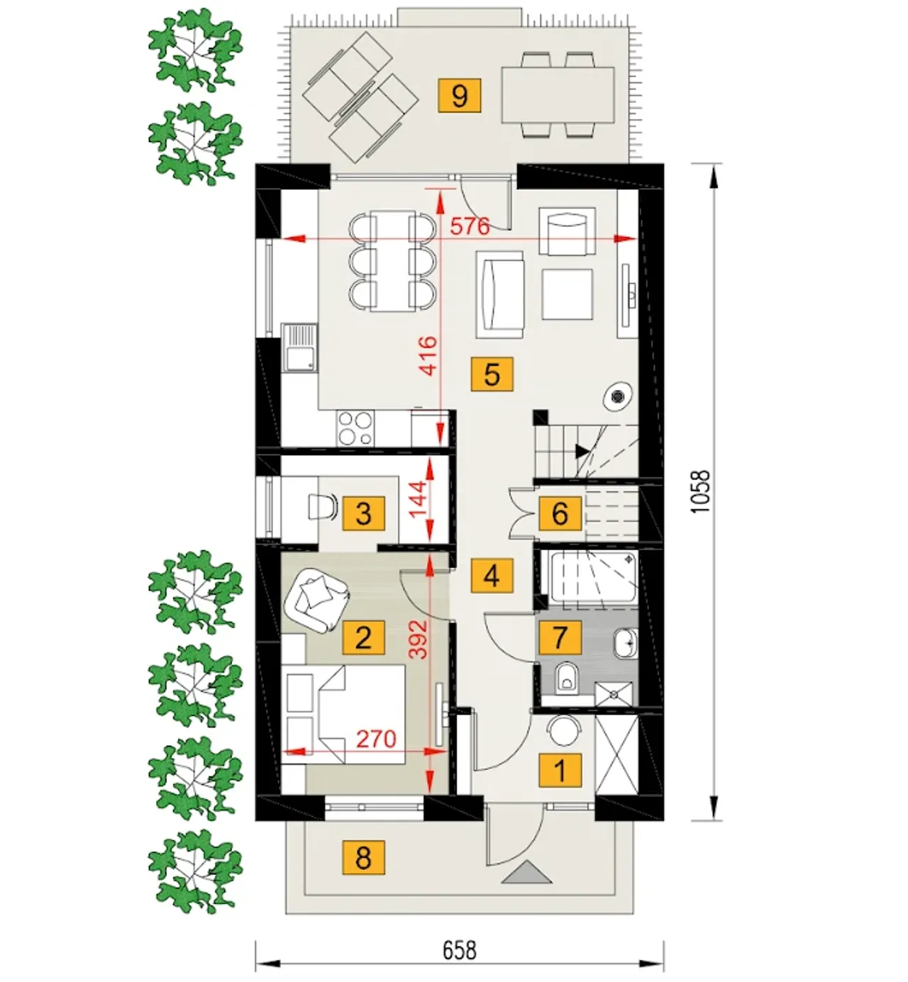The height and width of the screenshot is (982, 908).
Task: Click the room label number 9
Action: tap(459, 96)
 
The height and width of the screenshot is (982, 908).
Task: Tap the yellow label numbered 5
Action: tap(492, 374)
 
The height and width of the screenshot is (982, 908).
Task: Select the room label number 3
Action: tap(364, 513)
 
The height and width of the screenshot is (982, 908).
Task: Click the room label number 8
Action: tap(364, 858)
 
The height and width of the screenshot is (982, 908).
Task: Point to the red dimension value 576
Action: tap(470, 226)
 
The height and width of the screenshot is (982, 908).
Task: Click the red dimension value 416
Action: tap(428, 356)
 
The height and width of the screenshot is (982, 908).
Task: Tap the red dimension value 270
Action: tap(376, 740)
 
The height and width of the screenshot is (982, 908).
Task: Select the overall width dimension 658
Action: tap(460, 951)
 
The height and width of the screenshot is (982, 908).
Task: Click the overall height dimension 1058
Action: tap(701, 491)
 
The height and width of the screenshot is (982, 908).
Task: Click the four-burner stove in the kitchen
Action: tap(355, 428)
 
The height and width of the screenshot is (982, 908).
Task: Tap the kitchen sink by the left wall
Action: tap(299, 347)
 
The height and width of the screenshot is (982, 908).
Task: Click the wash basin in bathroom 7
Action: tap(626, 643)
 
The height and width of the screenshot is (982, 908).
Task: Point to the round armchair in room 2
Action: tap(317, 599)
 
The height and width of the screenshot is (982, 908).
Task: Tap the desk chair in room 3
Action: tap(322, 506)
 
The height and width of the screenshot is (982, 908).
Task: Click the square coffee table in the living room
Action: tap(567, 294)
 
